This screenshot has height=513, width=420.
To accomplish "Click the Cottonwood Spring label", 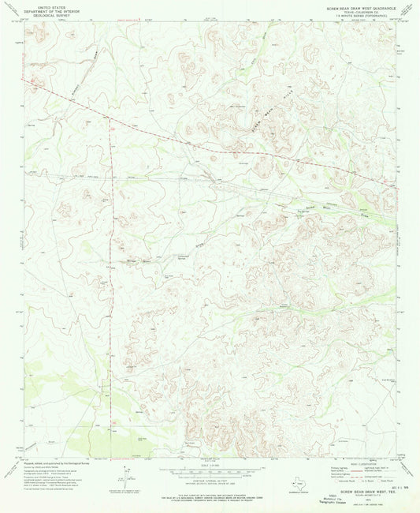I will [x=182, y=256].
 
